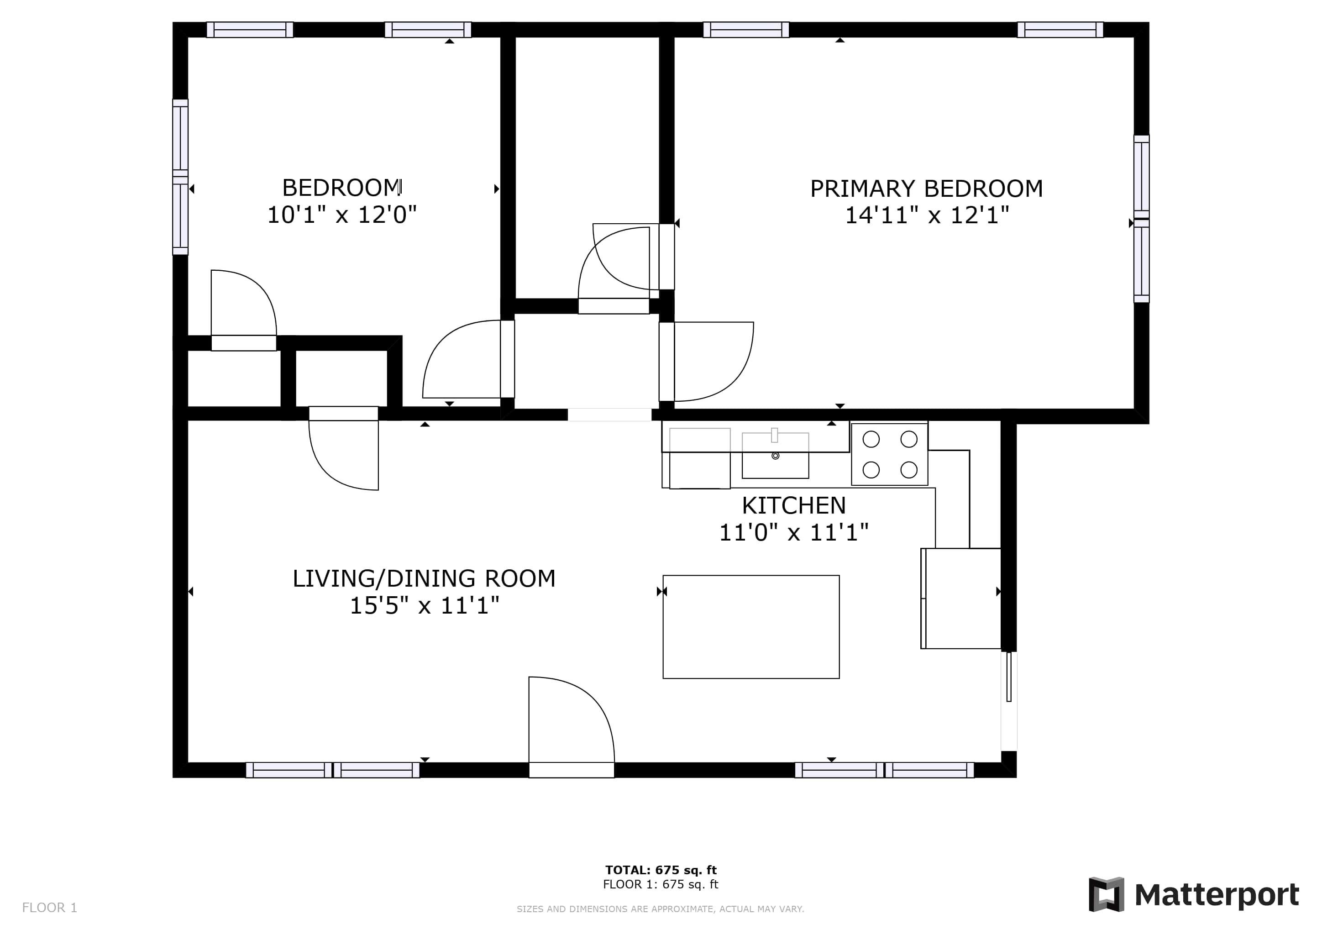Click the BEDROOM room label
click(x=342, y=188)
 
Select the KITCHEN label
click(x=794, y=505)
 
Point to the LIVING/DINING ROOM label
click(x=425, y=578)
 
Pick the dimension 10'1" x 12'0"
click(x=342, y=215)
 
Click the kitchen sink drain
click(x=776, y=456)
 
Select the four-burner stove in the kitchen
click(x=890, y=454)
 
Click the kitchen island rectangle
click(x=751, y=627)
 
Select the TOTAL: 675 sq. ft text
click(x=661, y=870)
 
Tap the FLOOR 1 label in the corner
click(x=49, y=908)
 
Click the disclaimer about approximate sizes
click(x=661, y=909)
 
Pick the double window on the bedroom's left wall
click(x=180, y=177)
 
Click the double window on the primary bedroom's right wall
click(x=1142, y=219)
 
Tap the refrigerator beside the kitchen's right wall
click(x=961, y=599)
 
